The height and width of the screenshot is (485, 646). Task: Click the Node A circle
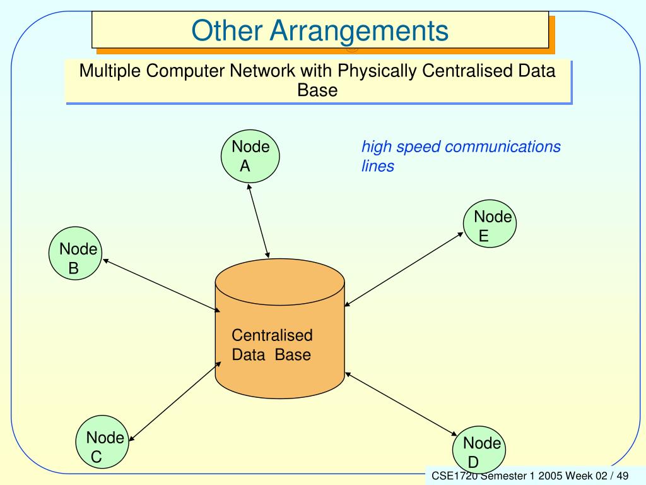[250, 157]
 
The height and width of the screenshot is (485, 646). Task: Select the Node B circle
[76, 253]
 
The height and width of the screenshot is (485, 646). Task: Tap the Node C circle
[102, 441]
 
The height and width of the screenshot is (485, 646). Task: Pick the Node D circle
[479, 450]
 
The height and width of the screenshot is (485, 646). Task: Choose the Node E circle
[490, 224]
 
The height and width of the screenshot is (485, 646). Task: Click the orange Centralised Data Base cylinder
[279, 328]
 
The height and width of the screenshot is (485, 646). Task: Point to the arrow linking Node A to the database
[258, 221]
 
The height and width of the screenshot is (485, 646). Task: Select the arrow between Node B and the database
[161, 285]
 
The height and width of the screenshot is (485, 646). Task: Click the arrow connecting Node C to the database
[175, 402]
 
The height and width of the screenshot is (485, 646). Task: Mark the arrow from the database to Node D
[401, 404]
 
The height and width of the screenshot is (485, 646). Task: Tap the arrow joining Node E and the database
[404, 269]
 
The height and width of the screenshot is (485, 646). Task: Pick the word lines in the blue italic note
[378, 166]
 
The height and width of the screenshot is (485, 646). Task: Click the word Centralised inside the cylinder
[272, 335]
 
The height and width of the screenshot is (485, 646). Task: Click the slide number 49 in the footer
[623, 476]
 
